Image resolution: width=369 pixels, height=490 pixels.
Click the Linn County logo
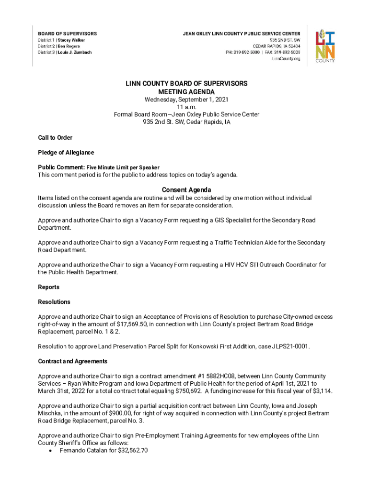(324, 46)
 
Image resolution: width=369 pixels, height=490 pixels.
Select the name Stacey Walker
(72, 40)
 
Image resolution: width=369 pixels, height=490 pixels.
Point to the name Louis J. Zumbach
(75, 53)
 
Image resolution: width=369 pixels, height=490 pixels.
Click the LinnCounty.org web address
(286, 58)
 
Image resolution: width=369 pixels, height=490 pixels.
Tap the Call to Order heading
(55, 138)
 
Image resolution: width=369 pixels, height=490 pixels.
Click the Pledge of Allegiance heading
(66, 153)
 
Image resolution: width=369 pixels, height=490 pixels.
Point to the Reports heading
(49, 287)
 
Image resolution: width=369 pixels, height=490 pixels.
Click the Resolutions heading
(54, 302)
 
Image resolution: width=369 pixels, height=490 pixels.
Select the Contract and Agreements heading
(73, 361)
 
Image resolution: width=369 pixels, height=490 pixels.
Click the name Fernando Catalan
(83, 450)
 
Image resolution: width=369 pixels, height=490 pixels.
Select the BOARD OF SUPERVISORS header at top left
(68, 33)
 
